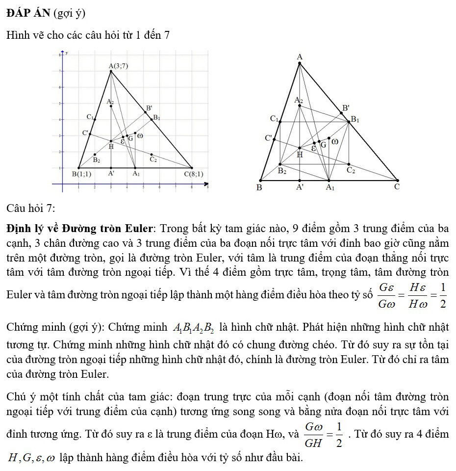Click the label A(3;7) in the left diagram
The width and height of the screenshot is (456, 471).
118,66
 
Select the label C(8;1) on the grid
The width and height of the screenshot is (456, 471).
193,174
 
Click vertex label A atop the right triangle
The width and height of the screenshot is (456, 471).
300,57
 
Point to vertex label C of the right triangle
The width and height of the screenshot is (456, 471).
397,187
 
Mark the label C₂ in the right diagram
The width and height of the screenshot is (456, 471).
351,170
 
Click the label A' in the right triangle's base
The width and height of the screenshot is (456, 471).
300,187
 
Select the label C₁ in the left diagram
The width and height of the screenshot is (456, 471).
90,117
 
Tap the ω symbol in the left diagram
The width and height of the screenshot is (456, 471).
140,136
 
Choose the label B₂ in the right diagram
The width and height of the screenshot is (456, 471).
282,171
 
